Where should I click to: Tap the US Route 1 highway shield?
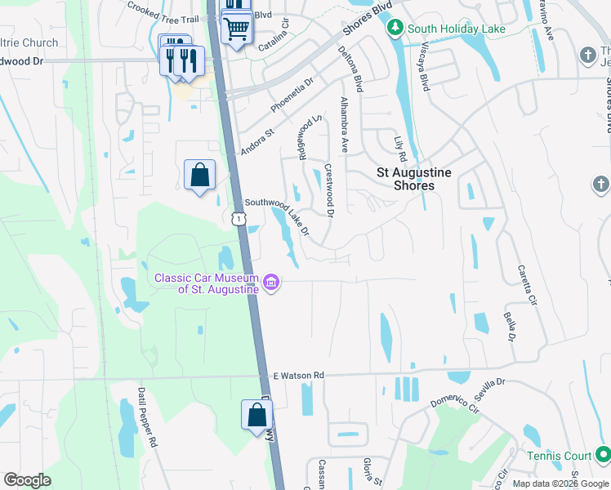pos(238,218)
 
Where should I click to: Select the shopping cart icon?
pos(236,29)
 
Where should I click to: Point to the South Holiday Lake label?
pos(457,29)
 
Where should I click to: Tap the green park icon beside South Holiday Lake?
pos(395,29)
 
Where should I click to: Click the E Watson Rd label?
pos(297,375)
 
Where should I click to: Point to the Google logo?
pos(27,480)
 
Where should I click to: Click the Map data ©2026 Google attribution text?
pos(560,483)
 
